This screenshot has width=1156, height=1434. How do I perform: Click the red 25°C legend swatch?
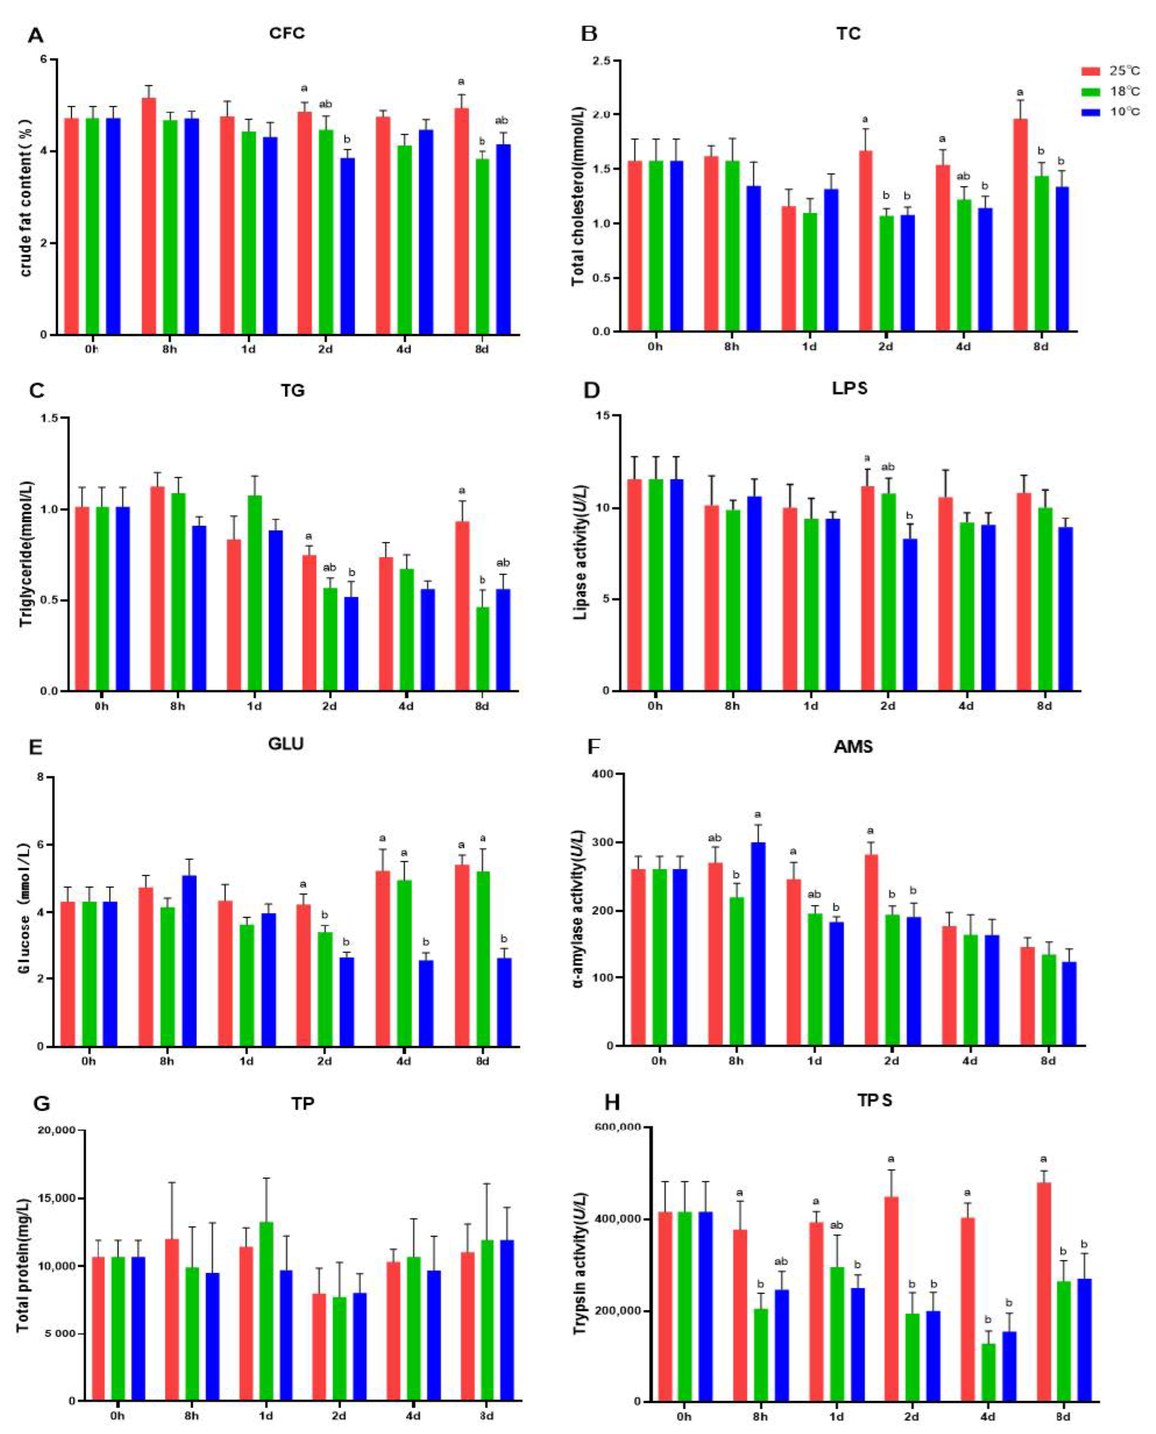1090,71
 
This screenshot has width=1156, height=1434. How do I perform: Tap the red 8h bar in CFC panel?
149,216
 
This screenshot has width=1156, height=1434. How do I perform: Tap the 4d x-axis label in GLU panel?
403,1061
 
